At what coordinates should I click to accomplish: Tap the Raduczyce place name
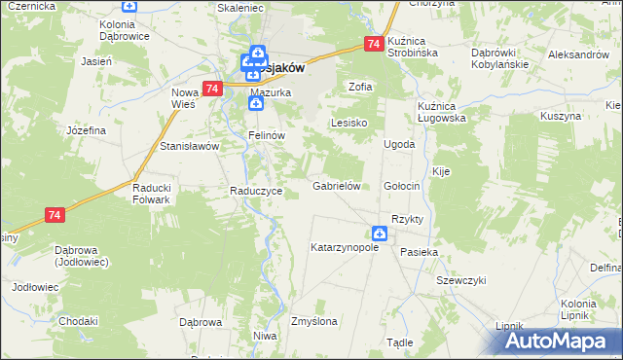coord(255,191)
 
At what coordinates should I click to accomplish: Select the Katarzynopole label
coord(344,248)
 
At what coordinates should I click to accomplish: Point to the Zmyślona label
coord(313,321)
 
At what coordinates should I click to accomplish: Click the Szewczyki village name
coord(460,279)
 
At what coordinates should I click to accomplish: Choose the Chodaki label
coord(78,321)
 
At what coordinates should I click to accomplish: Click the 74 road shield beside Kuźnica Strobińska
coord(374,44)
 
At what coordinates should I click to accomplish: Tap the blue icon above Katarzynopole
coord(379,234)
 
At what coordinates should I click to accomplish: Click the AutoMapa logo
coord(560,342)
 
